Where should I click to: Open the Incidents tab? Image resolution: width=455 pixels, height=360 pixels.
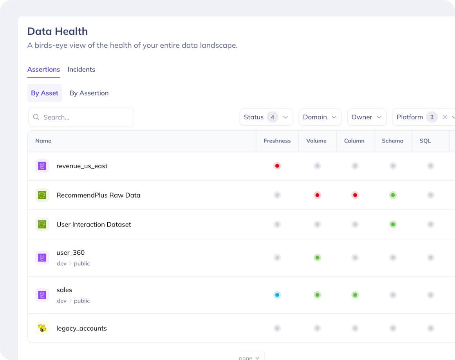(81, 69)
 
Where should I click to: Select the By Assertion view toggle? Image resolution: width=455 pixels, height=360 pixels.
(89, 93)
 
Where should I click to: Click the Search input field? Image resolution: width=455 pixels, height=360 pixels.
(81, 117)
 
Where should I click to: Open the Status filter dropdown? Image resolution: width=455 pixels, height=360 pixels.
(266, 117)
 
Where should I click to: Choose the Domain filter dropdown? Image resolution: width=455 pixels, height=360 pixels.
(320, 117)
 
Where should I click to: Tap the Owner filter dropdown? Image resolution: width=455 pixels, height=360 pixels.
(367, 117)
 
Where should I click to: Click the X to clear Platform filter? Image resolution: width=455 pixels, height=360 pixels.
(444, 117)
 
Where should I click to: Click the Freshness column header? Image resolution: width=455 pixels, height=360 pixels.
(277, 141)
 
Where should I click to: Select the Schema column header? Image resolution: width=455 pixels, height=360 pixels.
(393, 141)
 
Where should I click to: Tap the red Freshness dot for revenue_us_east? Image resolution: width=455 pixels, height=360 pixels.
(277, 166)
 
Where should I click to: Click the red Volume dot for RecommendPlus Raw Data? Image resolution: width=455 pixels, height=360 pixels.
(317, 195)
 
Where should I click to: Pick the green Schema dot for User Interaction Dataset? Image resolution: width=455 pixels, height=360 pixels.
(393, 225)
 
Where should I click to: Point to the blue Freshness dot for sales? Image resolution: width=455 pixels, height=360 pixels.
(277, 295)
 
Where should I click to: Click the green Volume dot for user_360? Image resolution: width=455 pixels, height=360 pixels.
(317, 257)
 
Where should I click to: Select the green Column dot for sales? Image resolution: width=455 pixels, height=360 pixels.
(355, 295)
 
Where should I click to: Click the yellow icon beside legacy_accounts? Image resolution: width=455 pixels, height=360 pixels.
(42, 328)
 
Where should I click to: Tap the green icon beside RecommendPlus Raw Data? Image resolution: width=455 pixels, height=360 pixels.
(42, 195)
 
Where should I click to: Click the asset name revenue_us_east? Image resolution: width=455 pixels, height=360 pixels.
(82, 166)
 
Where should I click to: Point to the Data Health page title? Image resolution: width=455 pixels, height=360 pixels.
(58, 31)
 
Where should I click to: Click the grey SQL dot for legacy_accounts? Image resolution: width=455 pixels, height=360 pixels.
(431, 328)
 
